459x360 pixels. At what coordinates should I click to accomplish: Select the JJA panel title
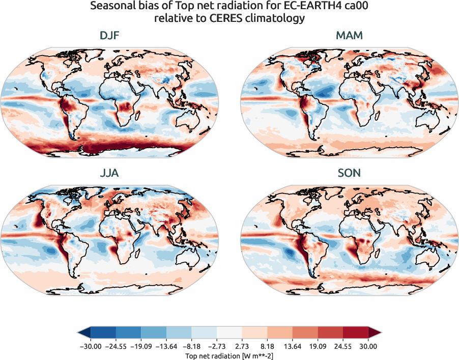pos(109,173)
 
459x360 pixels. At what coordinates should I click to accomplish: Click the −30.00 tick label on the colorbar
pos(91,347)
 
